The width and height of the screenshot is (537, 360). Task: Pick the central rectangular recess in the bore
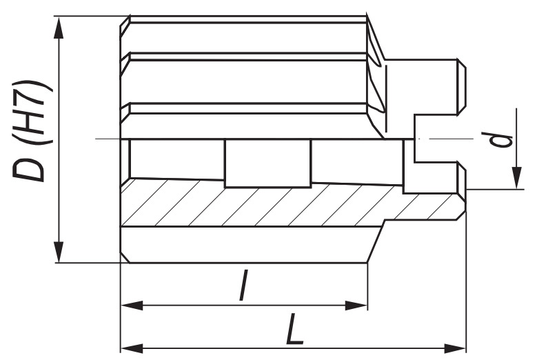[267, 163]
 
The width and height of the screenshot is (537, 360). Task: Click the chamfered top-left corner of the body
[125, 21]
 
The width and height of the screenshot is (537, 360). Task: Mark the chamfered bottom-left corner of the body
[125, 257]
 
